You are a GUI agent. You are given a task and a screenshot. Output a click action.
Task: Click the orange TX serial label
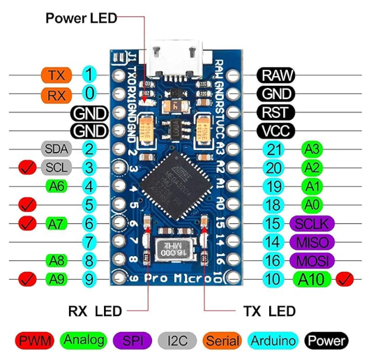click(56, 74)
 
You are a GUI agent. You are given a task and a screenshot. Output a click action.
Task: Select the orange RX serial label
click(56, 93)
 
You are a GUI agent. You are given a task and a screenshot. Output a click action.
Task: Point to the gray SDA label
click(56, 149)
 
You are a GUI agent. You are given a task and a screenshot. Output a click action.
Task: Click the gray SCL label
click(56, 167)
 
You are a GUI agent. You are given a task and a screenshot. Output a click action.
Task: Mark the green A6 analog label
click(56, 186)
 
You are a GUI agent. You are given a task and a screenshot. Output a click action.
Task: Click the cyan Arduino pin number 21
click(273, 149)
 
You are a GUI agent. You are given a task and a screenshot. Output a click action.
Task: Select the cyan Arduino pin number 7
click(89, 242)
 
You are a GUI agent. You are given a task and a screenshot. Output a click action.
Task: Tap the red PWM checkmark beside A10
click(344, 280)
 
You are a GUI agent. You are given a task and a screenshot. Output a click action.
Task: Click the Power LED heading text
click(82, 17)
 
